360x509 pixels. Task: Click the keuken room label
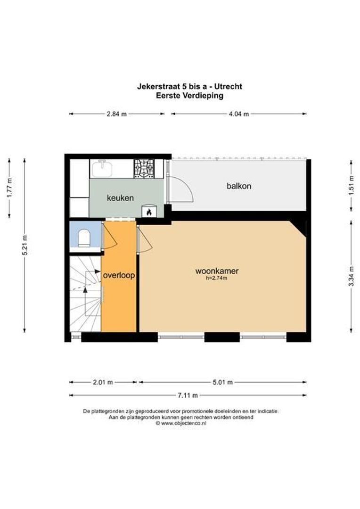120,198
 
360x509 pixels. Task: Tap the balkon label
239,186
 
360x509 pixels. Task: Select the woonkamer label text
217,271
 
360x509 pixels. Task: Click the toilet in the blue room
84,238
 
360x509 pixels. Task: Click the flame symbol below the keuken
149,213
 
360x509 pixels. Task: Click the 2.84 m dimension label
117,114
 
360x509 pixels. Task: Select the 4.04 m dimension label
238,114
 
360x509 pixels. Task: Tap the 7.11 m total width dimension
188,395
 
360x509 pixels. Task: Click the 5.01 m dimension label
223,382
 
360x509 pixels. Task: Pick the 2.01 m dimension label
103,382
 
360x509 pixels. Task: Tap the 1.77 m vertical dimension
9,189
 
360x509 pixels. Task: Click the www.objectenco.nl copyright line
181,423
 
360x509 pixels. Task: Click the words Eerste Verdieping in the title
189,95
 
